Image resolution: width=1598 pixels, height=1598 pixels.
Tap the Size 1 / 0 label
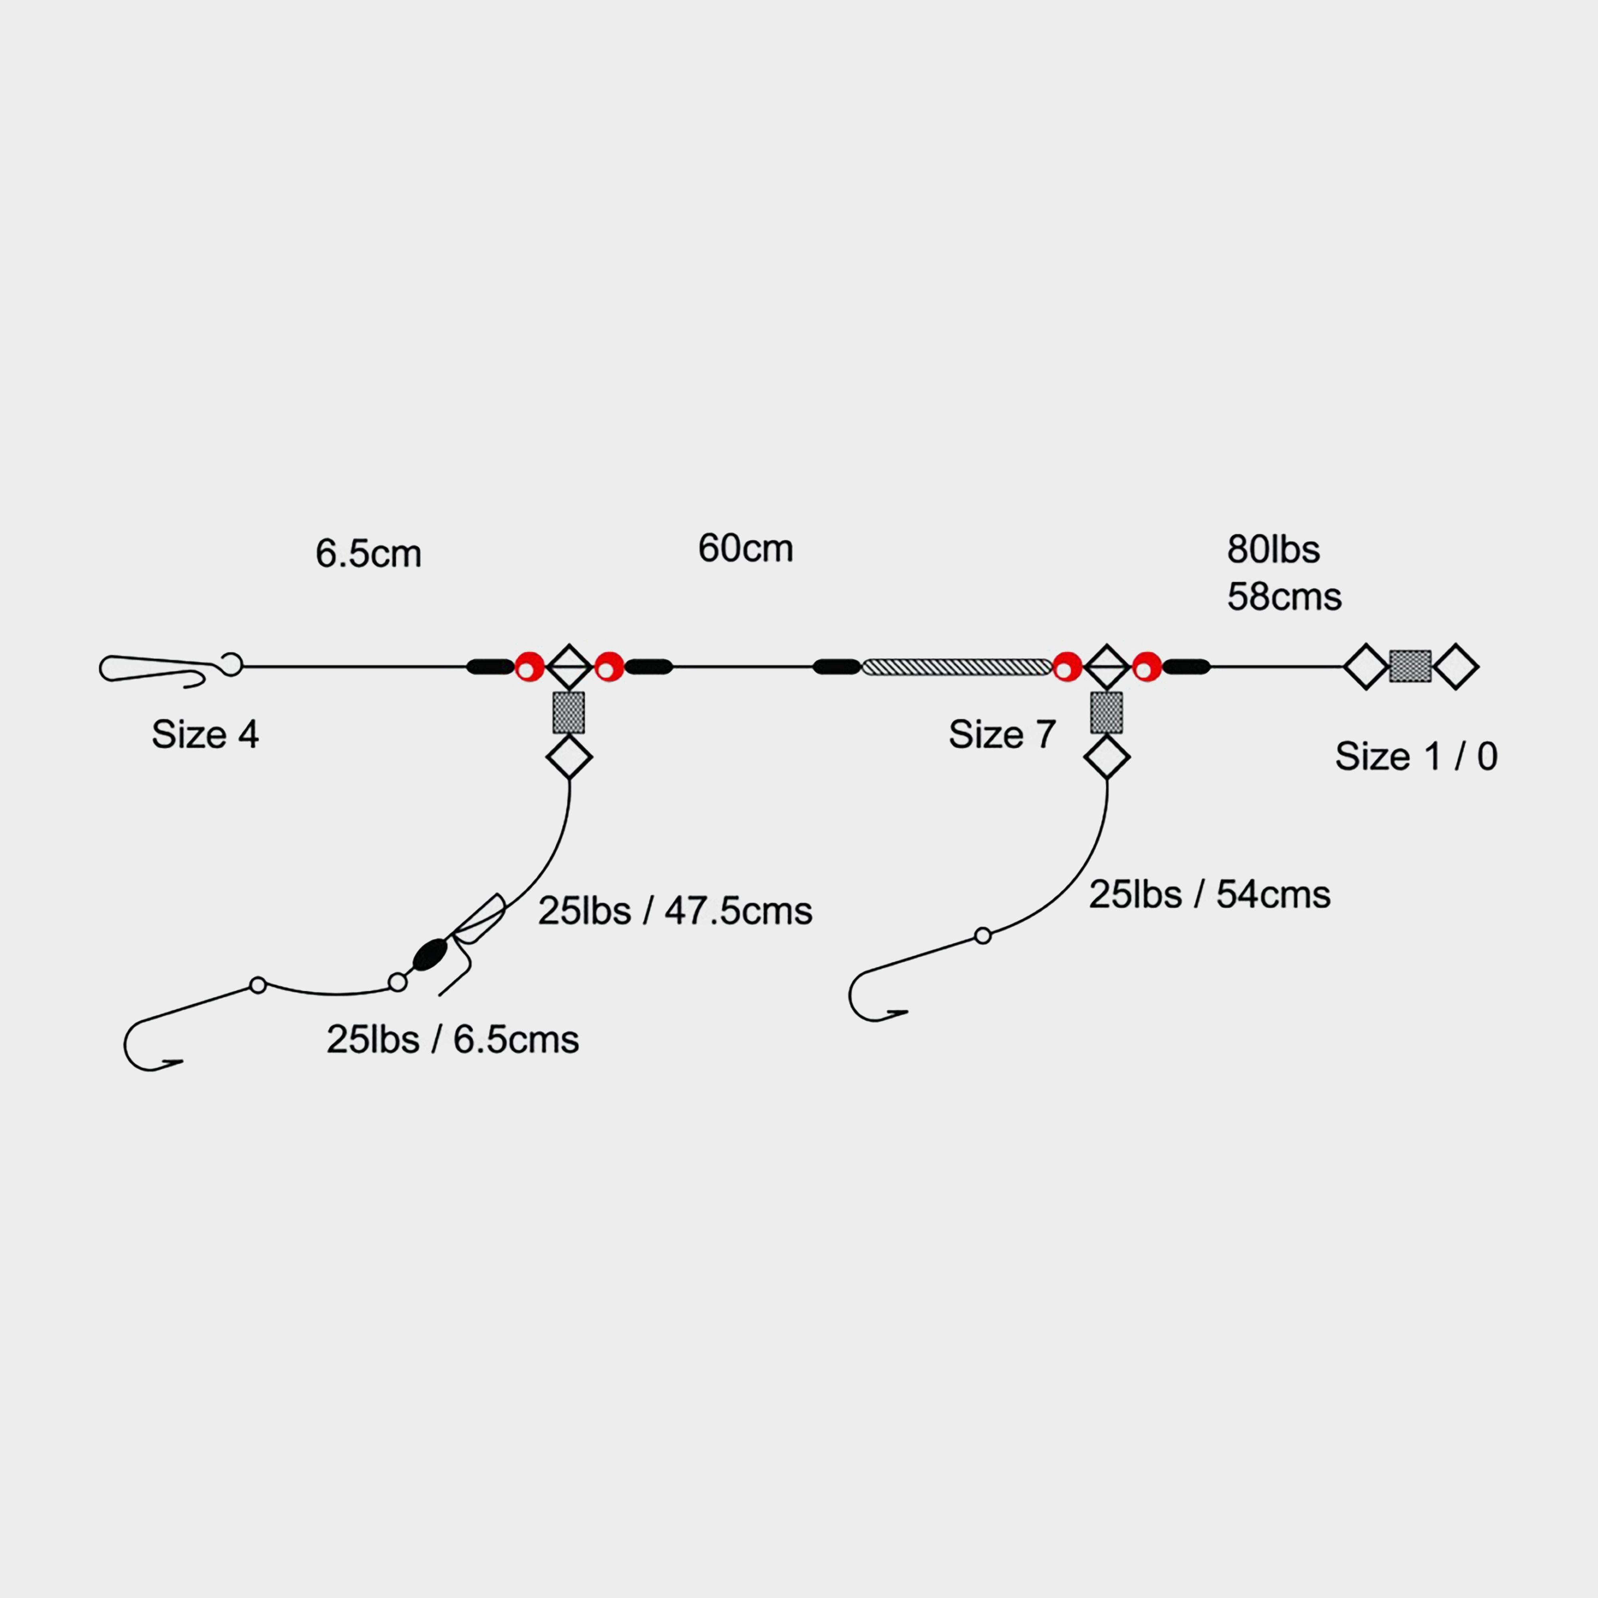[x=1416, y=756]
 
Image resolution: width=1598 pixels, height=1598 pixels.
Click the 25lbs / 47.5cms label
[x=675, y=911]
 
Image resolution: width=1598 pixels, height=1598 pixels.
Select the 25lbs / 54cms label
[x=1209, y=894]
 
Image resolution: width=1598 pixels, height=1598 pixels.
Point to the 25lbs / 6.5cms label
[x=453, y=1039]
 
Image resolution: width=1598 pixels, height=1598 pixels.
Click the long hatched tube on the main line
[x=957, y=667]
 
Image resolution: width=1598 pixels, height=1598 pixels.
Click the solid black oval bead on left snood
[x=428, y=954]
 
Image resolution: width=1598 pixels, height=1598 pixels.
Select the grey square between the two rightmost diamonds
[x=1410, y=667]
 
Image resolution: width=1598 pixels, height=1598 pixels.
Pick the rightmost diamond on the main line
[x=1456, y=667]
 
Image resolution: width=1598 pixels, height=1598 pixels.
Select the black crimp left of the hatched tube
[x=837, y=667]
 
